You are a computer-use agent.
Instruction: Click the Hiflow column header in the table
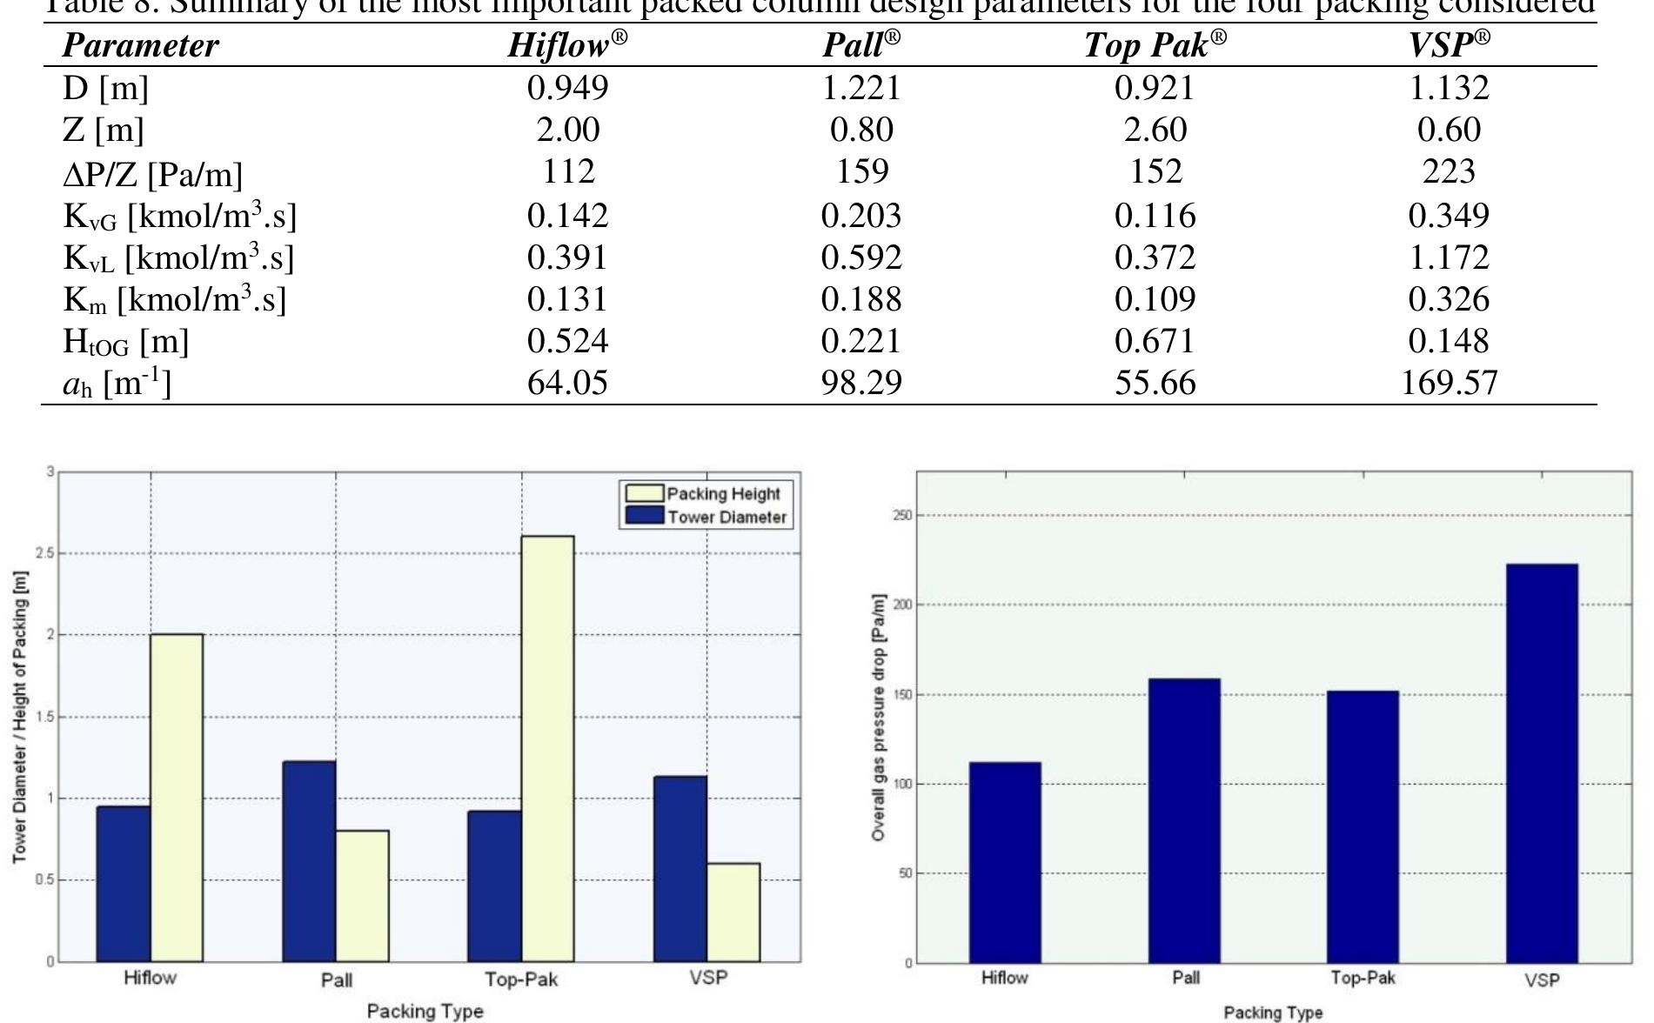[567, 45]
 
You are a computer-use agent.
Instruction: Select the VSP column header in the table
[1449, 45]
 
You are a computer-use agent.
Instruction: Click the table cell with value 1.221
[861, 88]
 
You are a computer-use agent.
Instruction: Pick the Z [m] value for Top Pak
[1155, 130]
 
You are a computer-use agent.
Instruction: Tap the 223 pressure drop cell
[1449, 171]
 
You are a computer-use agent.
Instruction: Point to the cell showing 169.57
[1449, 383]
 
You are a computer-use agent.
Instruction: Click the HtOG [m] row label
[126, 342]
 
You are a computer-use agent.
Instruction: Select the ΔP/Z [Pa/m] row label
[153, 174]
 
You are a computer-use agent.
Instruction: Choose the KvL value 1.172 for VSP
[1449, 257]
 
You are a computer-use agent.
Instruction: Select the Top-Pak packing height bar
[548, 748]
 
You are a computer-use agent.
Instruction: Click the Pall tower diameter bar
[309, 861]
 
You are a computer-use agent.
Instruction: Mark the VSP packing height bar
[733, 912]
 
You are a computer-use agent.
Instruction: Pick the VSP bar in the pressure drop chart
[1542, 763]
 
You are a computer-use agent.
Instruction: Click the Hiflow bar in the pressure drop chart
[1005, 862]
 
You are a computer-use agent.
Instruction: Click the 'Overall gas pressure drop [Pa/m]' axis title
[879, 718]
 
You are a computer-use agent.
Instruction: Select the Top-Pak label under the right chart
[1363, 978]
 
